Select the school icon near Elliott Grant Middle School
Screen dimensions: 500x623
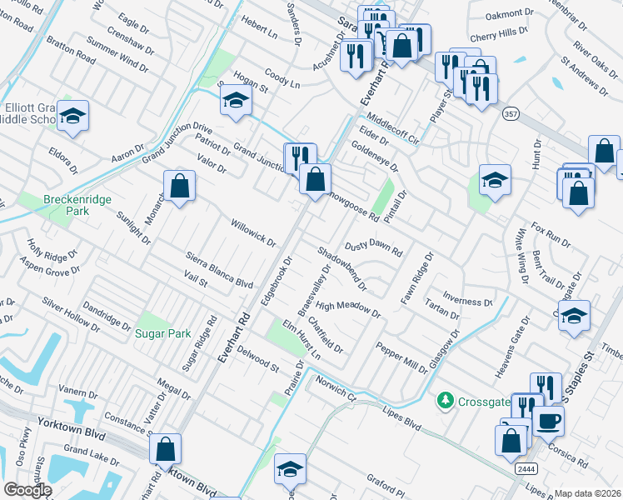(x=72, y=118)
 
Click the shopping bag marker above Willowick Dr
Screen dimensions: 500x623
(x=179, y=186)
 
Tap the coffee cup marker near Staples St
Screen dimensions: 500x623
(x=548, y=421)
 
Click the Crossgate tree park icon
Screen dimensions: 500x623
(x=446, y=402)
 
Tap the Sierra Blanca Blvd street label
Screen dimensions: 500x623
(x=219, y=271)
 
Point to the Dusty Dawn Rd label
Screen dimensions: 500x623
(x=374, y=247)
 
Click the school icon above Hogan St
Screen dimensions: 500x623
(x=236, y=102)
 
